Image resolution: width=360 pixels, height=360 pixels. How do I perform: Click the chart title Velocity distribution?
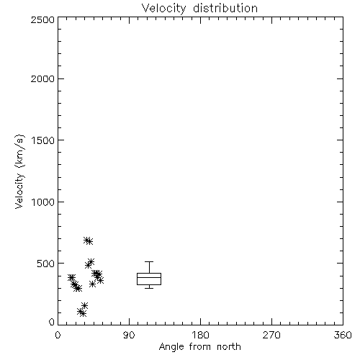[x=199, y=9]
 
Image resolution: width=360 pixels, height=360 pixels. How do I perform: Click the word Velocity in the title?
[x=163, y=9]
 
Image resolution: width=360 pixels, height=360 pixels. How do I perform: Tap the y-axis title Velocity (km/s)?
[x=19, y=171]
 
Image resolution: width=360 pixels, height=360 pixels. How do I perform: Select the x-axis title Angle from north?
[x=199, y=347]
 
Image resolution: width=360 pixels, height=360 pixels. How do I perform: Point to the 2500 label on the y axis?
[x=42, y=19]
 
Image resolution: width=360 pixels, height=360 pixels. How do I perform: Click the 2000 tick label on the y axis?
[x=42, y=78]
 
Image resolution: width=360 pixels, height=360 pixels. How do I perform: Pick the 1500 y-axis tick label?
[x=43, y=140]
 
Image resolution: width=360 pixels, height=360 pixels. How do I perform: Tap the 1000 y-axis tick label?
[x=43, y=202]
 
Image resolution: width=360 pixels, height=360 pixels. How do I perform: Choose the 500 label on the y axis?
[x=46, y=264]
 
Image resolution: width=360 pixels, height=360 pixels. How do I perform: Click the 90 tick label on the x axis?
[x=129, y=335]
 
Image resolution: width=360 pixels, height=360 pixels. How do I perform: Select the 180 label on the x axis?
[x=200, y=335]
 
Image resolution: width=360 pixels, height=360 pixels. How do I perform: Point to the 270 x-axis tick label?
[x=271, y=335]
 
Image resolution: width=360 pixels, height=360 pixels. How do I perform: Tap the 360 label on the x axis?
[x=343, y=335]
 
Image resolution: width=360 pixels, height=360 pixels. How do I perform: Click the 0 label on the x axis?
[x=58, y=335]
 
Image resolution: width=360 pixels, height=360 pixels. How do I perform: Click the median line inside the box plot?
[x=149, y=277]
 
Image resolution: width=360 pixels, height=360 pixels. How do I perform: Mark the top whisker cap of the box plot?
[x=149, y=261]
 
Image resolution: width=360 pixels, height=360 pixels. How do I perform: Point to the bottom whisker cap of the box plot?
[x=149, y=288]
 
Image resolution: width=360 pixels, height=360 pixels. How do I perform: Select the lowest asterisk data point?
[x=83, y=313]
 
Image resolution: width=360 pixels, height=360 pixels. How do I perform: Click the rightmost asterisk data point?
[x=101, y=280]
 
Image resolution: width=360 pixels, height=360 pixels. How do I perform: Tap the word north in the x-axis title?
[x=229, y=347]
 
